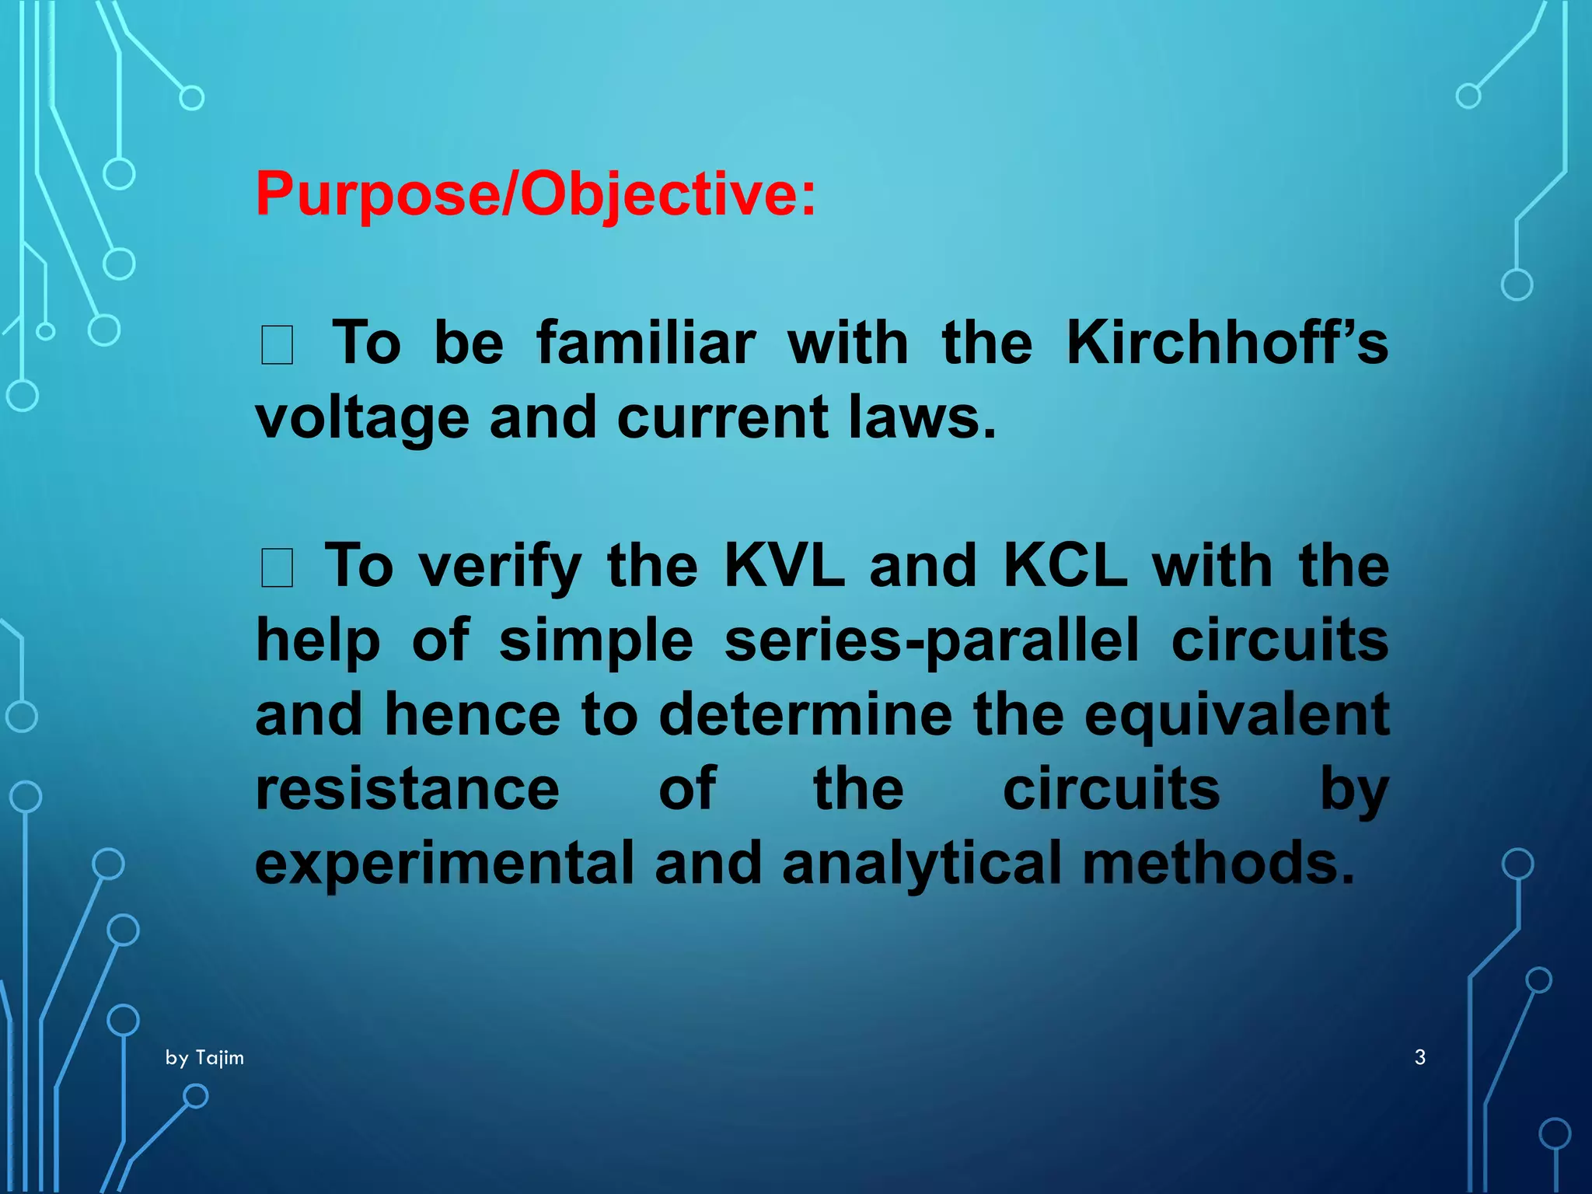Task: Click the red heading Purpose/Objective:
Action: [x=536, y=194]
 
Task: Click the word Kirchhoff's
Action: [x=1227, y=343]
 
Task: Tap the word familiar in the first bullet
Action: [x=645, y=343]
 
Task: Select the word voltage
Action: [x=362, y=417]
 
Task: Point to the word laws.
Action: [x=922, y=417]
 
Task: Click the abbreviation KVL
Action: [x=784, y=565]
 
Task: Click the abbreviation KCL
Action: [x=1065, y=565]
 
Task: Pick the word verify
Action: [x=500, y=565]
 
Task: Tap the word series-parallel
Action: [x=931, y=640]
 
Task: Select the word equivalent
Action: [x=1236, y=714]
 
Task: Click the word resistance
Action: [x=407, y=788]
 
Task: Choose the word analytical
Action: [x=922, y=863]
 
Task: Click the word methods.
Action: [x=1218, y=863]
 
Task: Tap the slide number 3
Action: [x=1419, y=1057]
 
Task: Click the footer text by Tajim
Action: [x=204, y=1058]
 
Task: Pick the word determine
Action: [x=805, y=714]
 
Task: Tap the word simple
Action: [x=595, y=640]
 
